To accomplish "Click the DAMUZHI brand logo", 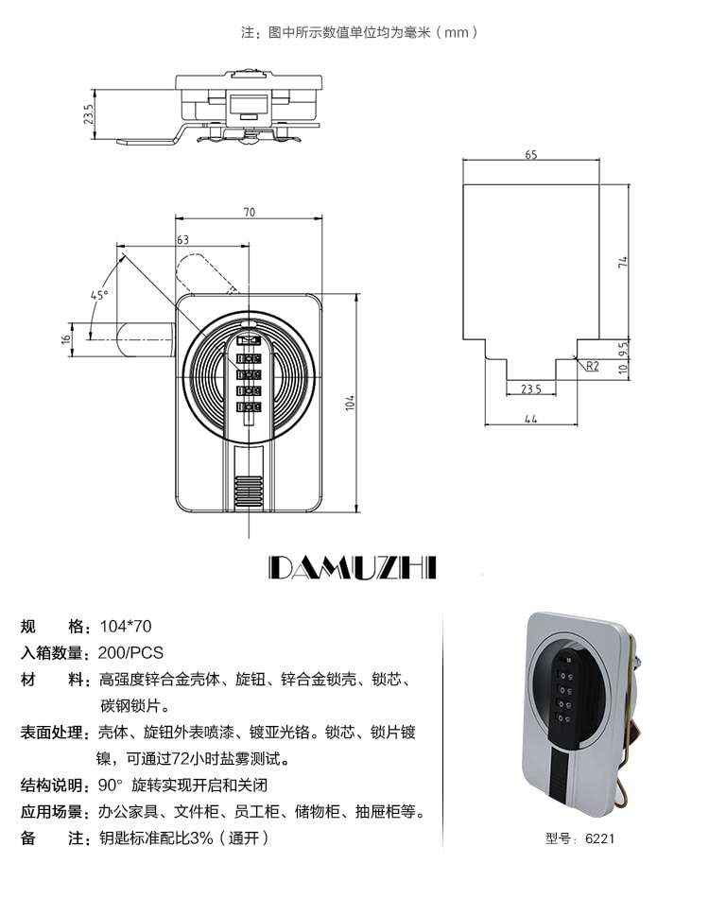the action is click(x=353, y=567).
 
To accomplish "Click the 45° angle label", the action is click(x=99, y=295).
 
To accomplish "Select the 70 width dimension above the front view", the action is click(x=250, y=212).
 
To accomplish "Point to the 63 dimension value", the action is click(x=182, y=239).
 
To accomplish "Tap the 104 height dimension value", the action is click(x=350, y=403).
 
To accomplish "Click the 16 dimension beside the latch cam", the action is click(x=66, y=339).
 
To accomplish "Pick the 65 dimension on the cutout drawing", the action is click(x=531, y=155).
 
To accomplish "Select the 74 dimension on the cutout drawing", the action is click(x=623, y=262).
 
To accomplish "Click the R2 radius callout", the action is click(x=592, y=366).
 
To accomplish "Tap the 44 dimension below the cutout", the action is click(x=531, y=419).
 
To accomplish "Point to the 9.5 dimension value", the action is click(x=624, y=349).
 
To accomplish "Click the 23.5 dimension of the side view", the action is click(x=88, y=114).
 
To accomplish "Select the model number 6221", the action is click(x=599, y=838).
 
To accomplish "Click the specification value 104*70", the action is click(x=126, y=626).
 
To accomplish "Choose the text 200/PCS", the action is click(x=130, y=653).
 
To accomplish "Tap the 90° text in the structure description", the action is click(x=111, y=785).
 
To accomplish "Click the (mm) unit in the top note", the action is click(x=457, y=32).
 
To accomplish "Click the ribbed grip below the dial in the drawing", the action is click(x=249, y=492).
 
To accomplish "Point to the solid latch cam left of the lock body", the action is click(x=146, y=339).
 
